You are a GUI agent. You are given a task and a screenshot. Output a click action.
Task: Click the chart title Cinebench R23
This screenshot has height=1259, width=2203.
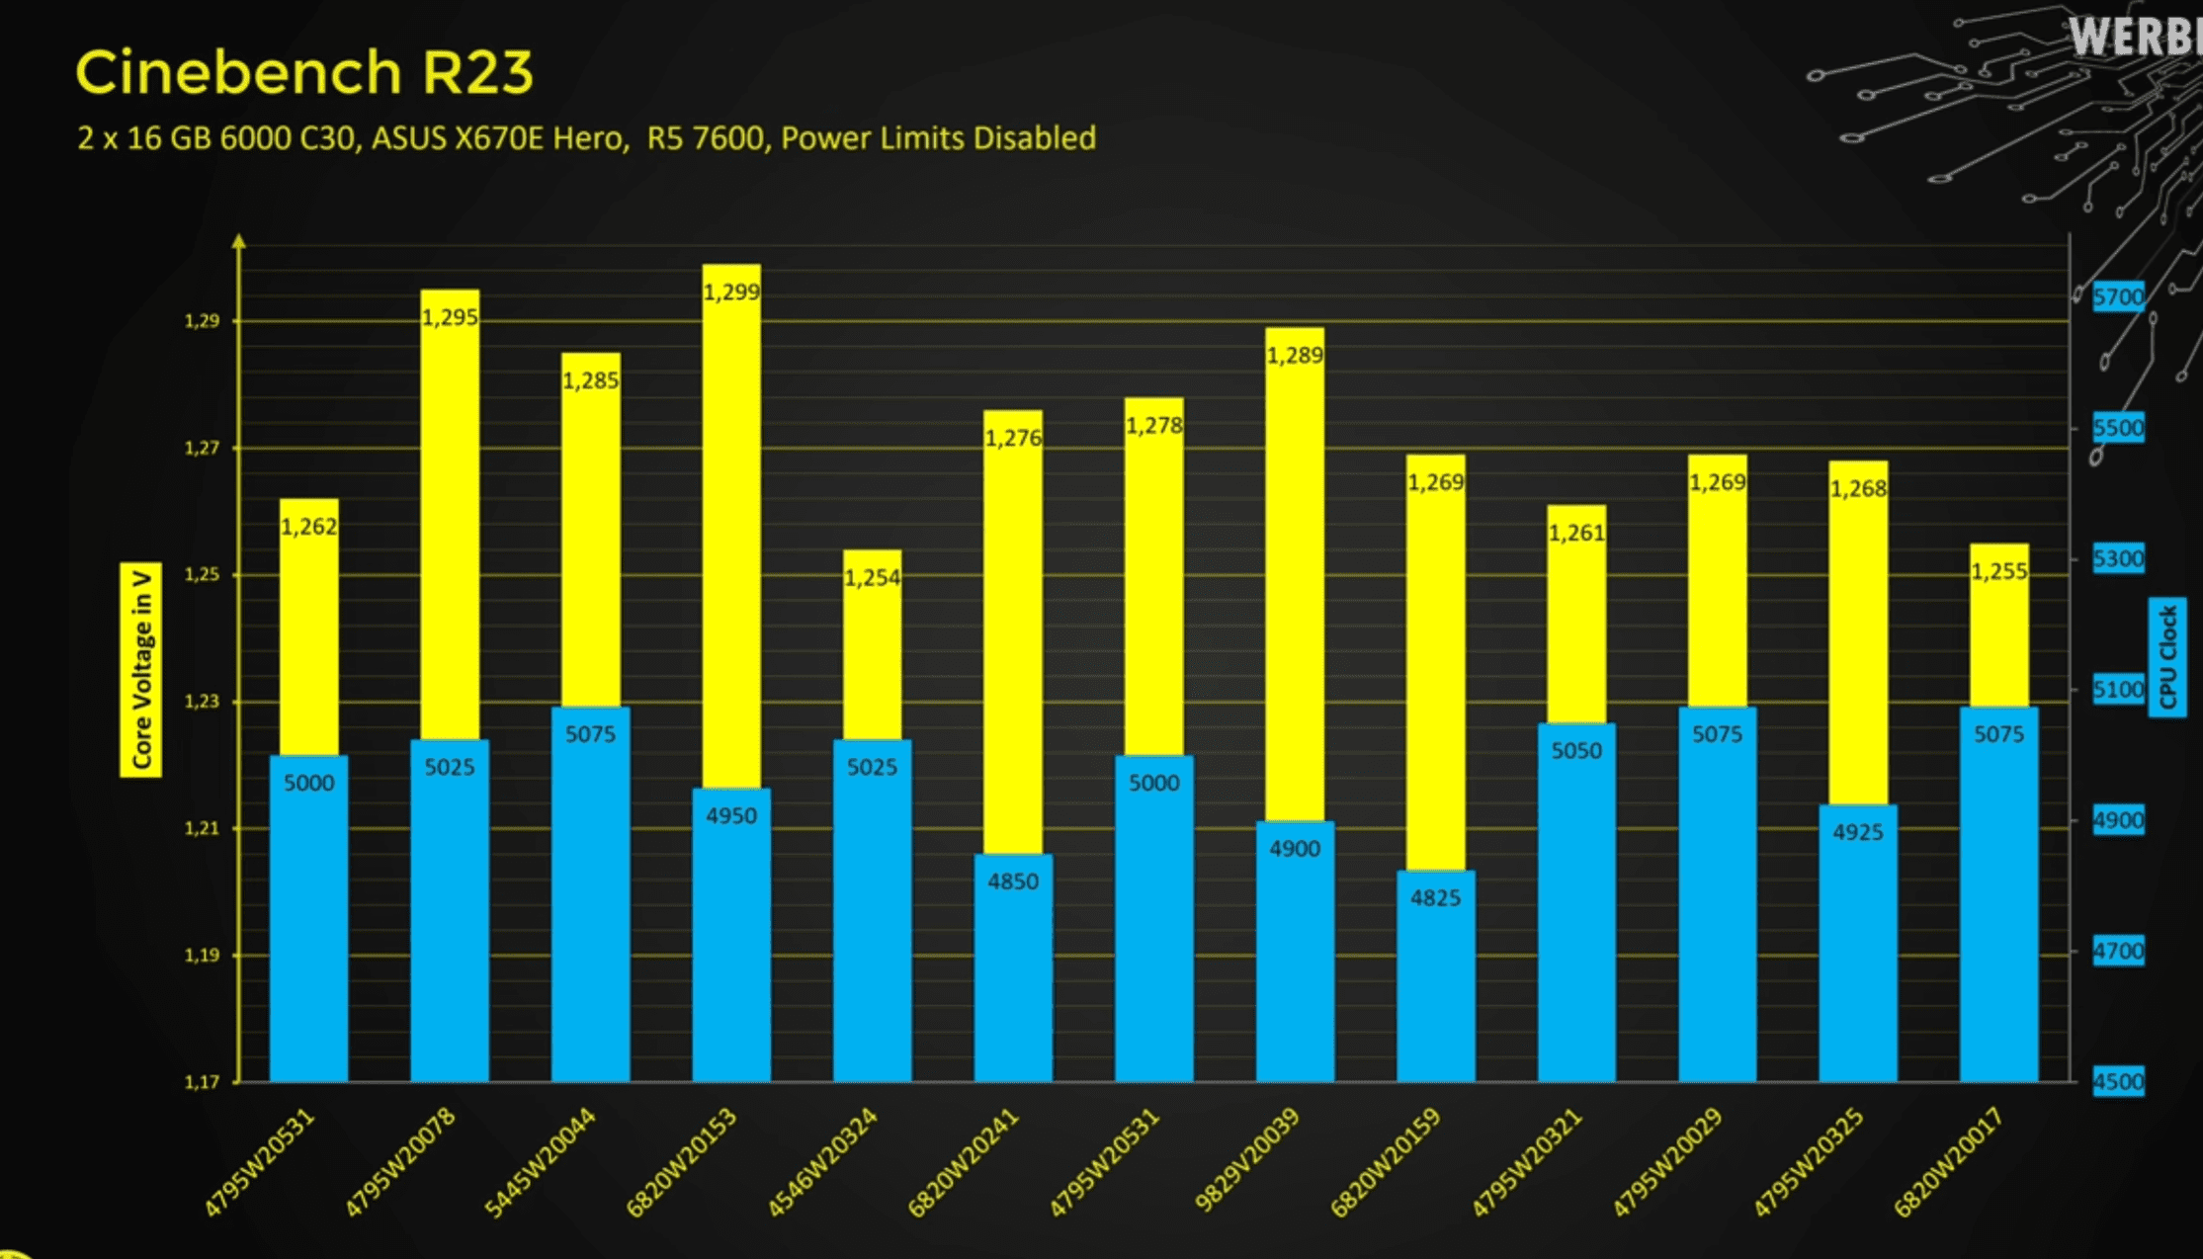(x=304, y=73)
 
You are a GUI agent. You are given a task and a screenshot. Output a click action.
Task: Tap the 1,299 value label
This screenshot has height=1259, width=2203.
(x=731, y=293)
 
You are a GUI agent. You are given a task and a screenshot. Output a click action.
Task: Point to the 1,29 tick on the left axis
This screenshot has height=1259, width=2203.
(x=202, y=321)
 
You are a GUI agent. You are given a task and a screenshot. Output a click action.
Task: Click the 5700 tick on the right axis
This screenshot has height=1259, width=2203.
(x=2118, y=296)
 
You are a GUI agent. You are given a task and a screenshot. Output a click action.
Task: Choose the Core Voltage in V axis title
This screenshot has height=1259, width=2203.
(x=141, y=669)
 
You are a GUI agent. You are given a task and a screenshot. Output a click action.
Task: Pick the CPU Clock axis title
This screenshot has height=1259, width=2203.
(x=2167, y=657)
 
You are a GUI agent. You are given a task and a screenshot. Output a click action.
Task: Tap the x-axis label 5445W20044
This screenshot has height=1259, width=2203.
(x=541, y=1163)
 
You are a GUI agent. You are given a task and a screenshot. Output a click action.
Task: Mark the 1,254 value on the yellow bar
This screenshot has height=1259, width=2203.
(x=872, y=578)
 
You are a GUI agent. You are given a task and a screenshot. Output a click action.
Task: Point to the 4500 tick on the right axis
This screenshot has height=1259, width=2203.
(x=2118, y=1081)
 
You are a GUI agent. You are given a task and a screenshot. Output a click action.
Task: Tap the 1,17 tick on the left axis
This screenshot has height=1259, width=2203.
(x=202, y=1082)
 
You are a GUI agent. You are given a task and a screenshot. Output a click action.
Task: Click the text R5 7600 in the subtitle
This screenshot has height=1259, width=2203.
(x=706, y=138)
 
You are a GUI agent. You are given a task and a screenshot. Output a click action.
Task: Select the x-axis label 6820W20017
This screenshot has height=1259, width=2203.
(x=1948, y=1162)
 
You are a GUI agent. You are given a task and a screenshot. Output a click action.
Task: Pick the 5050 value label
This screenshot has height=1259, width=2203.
(x=1576, y=751)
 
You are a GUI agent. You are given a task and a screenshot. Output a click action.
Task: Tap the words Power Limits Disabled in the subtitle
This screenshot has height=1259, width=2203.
(x=938, y=138)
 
